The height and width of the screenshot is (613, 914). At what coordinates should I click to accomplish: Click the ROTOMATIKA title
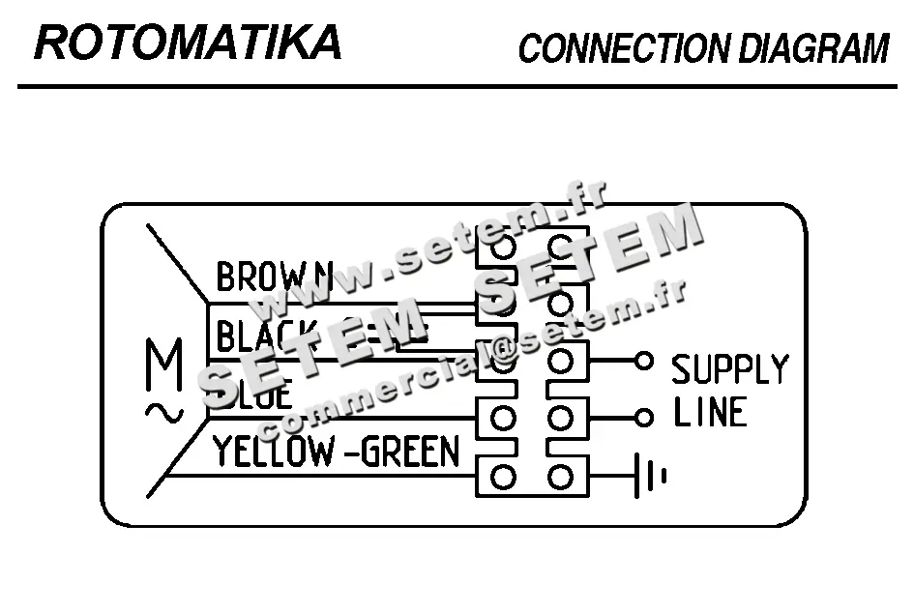tap(188, 43)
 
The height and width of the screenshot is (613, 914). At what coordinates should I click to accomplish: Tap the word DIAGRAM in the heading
tap(813, 48)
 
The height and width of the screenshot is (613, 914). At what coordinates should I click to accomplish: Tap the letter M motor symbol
tap(163, 365)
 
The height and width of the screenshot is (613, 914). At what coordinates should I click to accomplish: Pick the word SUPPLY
tap(730, 369)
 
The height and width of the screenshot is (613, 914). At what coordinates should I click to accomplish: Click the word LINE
tap(710, 414)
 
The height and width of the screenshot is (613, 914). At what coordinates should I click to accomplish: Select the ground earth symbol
tap(650, 477)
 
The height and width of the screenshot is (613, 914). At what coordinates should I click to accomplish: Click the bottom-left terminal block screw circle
tap(503, 477)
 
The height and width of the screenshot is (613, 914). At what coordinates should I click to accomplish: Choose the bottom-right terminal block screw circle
tap(560, 477)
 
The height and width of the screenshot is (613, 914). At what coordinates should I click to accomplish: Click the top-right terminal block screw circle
tap(560, 247)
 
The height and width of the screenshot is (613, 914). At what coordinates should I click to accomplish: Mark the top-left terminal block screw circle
tap(503, 247)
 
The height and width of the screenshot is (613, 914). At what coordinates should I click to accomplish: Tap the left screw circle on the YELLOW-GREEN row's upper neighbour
tap(503, 419)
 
